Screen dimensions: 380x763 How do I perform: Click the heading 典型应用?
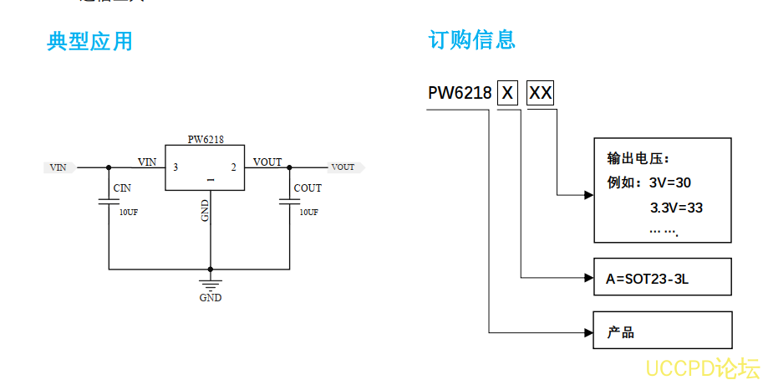[x=89, y=40]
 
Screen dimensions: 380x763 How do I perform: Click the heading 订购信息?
[x=471, y=39]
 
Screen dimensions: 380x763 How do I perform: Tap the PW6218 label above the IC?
[x=205, y=140]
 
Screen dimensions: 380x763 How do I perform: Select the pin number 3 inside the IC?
[x=175, y=167]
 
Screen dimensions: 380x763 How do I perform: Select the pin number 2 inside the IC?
[x=233, y=167]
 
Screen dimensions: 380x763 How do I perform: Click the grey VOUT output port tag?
[x=343, y=167]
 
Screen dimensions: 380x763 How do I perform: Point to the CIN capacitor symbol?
[x=109, y=202]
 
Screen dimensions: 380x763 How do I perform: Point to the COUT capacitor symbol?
[x=289, y=202]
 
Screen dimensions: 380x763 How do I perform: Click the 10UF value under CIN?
[x=128, y=213]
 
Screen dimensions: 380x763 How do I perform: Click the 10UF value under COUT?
[x=308, y=213]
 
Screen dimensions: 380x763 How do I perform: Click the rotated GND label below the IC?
[x=205, y=210]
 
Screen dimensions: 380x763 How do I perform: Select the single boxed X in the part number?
[x=507, y=93]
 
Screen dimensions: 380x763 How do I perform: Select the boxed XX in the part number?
[x=541, y=93]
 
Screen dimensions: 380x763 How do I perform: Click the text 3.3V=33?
[x=676, y=207]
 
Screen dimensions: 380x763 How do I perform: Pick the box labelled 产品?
[x=662, y=331]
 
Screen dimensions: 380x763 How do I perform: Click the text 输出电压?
[x=638, y=158]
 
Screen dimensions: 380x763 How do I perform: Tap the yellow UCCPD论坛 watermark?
[x=702, y=367]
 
